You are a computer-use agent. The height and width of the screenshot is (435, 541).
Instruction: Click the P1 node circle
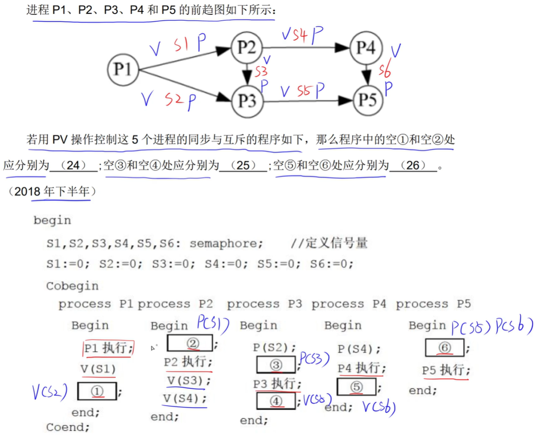(x=123, y=70)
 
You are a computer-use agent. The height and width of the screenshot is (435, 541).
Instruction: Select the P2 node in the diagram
(x=247, y=48)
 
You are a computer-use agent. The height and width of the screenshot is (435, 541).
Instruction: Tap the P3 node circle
(x=247, y=101)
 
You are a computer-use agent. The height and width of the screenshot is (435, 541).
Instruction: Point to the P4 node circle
(x=366, y=48)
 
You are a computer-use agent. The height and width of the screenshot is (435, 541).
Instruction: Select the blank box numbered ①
(x=97, y=391)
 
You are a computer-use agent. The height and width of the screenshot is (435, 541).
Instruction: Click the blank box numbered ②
(x=190, y=343)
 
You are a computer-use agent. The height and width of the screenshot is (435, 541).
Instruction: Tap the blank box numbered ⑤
(x=356, y=387)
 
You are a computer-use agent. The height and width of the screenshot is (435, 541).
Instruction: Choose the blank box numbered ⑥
(x=444, y=347)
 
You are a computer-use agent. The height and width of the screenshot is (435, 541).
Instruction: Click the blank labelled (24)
(x=73, y=166)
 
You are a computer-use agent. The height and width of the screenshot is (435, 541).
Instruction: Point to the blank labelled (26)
(x=413, y=166)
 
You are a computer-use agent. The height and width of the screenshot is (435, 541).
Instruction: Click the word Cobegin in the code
(x=72, y=286)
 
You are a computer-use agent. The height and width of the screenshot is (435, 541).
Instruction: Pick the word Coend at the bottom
(x=68, y=427)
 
